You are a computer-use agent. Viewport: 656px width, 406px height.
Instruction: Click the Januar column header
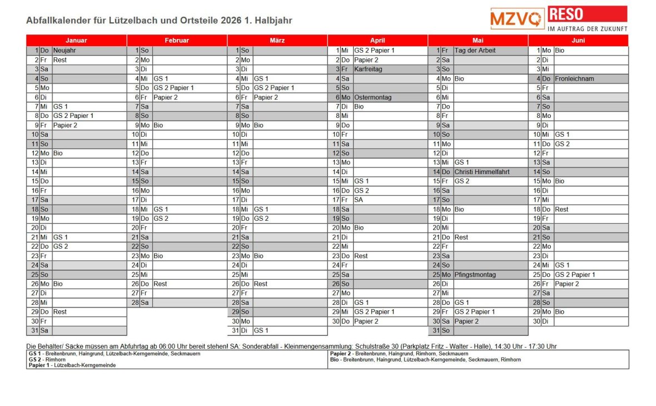76,41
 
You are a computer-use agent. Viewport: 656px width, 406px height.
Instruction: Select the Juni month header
578,41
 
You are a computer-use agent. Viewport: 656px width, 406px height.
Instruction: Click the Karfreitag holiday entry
368,69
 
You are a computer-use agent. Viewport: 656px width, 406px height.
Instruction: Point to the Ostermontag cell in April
372,97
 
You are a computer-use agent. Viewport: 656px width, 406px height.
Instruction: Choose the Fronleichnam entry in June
574,78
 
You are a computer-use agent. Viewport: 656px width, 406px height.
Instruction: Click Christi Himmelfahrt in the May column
481,172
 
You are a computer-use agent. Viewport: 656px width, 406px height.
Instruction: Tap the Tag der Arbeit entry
475,51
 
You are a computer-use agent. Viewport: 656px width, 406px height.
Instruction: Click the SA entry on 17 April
359,200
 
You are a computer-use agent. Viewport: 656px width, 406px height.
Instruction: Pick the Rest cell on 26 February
160,284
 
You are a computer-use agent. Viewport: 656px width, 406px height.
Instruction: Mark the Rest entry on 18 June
561,209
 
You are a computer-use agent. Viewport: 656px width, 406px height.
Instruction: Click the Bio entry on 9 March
259,125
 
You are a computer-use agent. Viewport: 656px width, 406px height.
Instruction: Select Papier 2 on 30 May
466,321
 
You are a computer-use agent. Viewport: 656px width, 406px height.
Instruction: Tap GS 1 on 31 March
261,330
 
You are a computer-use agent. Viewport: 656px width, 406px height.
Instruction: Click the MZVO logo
517,18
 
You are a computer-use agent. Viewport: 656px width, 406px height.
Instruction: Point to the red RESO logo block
587,14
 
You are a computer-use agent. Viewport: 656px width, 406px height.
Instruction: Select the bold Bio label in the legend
334,360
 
